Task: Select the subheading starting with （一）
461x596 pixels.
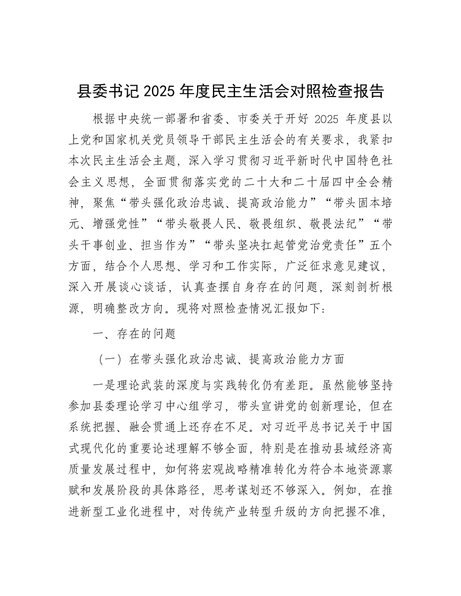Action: pos(221,358)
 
